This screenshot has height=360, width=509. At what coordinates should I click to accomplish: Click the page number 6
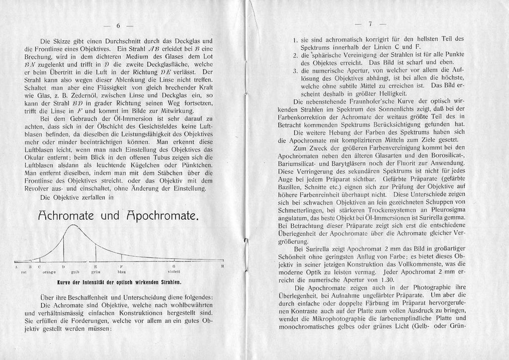(119, 25)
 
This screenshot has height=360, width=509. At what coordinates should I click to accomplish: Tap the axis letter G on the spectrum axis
(173, 267)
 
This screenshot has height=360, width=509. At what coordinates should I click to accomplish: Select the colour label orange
(48, 272)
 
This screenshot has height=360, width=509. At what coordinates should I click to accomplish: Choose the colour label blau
(121, 272)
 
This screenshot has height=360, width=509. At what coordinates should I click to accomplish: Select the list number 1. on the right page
(295, 38)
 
